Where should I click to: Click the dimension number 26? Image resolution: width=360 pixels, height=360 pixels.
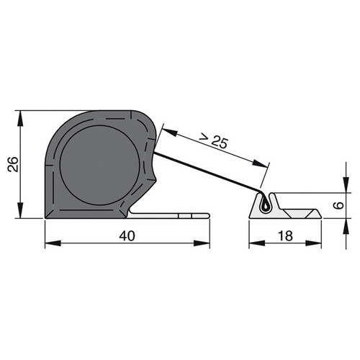click(13, 164)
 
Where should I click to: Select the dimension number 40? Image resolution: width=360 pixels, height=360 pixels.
click(127, 235)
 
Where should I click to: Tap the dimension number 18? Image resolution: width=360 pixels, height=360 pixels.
click(285, 235)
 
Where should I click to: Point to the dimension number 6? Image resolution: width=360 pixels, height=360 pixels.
click(339, 205)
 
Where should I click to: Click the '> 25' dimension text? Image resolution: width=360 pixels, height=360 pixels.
click(214, 141)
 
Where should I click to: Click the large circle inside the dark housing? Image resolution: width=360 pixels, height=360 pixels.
click(99, 165)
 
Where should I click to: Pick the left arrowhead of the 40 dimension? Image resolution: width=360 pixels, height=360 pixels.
click(53, 243)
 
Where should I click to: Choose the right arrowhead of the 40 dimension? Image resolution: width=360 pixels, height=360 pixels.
click(202, 243)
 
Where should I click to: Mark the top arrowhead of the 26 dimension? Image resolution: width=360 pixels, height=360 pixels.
click(20, 119)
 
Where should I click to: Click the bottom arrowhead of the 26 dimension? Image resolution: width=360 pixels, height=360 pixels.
click(20, 210)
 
